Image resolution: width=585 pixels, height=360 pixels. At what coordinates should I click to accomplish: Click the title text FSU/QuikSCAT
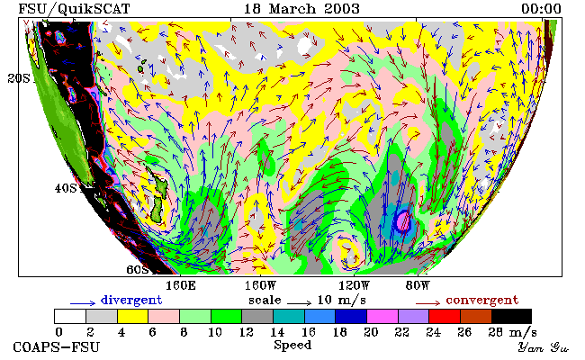pos(74,9)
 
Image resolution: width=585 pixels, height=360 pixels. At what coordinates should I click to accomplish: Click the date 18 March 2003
pos(301,9)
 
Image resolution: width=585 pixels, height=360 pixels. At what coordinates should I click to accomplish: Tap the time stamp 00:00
pos(541,9)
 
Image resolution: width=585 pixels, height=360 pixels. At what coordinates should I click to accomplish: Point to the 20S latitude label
pos(19,78)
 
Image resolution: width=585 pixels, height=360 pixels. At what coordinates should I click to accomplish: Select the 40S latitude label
pos(66,188)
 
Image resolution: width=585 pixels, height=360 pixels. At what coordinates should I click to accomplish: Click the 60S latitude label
pos(138,269)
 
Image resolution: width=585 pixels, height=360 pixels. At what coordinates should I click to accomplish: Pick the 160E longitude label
pos(181,286)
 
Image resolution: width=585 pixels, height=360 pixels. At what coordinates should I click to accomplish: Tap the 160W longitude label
pos(260,286)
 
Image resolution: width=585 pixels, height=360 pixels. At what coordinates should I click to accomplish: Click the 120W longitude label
pos(354,286)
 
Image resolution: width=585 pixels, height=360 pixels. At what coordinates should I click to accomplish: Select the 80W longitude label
pos(418,286)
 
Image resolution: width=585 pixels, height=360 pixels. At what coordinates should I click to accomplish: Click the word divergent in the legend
pos(131,300)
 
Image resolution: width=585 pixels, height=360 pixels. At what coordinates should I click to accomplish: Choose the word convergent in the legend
pos(482,300)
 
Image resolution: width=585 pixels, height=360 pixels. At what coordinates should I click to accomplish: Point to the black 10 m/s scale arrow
pos(299,303)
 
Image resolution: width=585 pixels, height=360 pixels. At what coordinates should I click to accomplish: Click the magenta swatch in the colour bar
pos(382,317)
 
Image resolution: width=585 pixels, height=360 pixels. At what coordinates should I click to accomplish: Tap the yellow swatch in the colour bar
pos(133,317)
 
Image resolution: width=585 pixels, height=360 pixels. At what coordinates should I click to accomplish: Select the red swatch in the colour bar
pos(445,317)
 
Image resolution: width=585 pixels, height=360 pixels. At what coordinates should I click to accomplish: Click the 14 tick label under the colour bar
pos(277,332)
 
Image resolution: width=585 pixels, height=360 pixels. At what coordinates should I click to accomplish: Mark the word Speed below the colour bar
pos(292,345)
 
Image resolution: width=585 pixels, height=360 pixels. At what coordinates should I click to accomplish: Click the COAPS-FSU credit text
pos(57,347)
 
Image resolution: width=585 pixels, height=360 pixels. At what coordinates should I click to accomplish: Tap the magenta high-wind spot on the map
pos(402,221)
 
